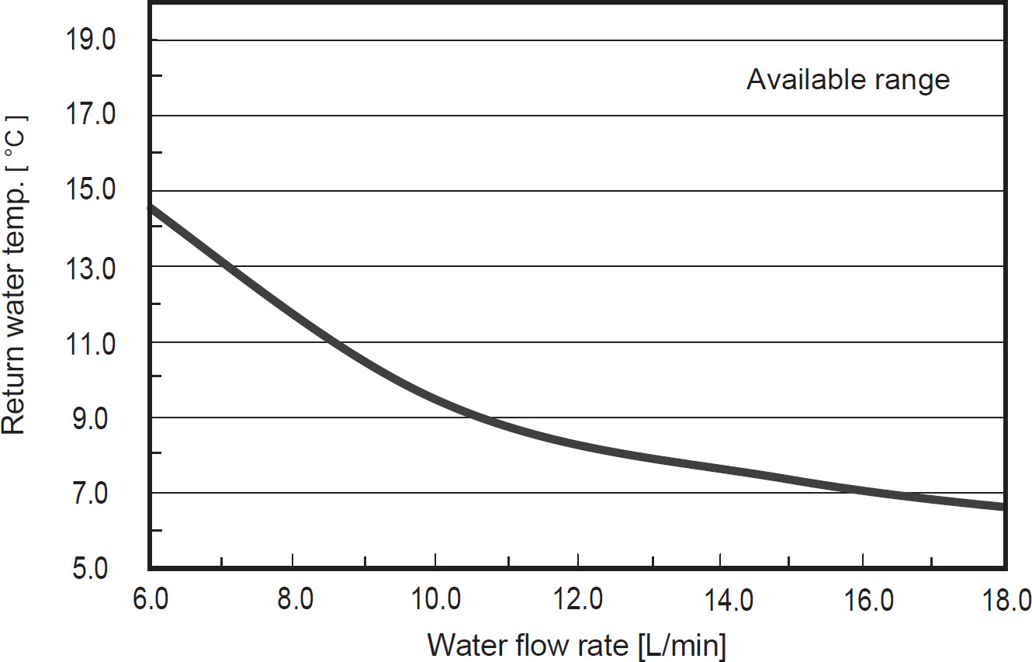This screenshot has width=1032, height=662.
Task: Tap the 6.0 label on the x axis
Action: (151, 600)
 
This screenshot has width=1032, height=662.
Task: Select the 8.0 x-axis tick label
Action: (293, 600)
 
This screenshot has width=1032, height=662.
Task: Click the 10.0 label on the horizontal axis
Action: (435, 600)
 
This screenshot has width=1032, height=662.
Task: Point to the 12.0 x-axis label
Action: (578, 600)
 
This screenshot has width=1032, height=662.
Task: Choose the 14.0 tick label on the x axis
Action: (721, 600)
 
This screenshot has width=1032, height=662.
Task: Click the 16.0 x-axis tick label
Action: (863, 600)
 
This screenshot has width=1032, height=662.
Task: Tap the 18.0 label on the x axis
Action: (1006, 600)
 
